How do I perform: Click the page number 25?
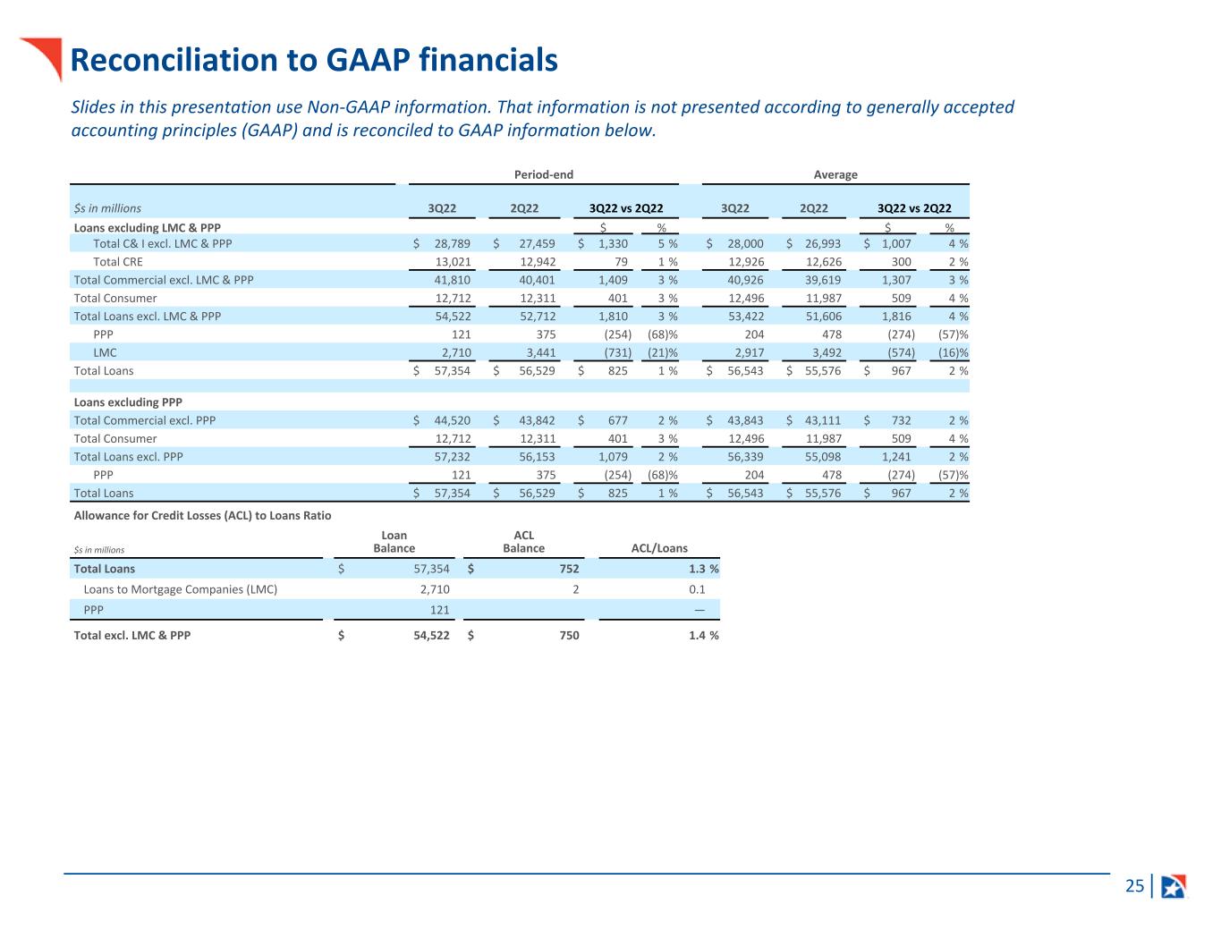coord(1134,886)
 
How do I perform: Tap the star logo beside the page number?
coord(1173,886)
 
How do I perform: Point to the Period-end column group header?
coord(543,174)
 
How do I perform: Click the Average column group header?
coord(835,174)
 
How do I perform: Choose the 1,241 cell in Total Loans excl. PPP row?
coord(895,456)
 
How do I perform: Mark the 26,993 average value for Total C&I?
coord(823,243)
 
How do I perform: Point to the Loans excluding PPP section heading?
coord(128,402)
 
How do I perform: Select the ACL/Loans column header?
coord(659,548)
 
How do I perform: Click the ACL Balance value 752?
coord(569,569)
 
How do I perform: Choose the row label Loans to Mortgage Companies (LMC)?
coord(180,589)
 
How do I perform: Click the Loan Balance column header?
coord(394,542)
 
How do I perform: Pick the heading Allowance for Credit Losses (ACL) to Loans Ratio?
coord(202,515)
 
